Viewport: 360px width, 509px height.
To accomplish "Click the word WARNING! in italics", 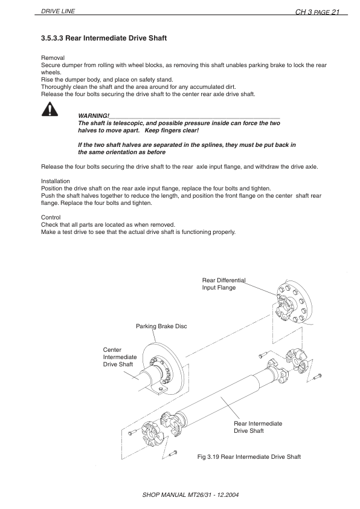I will click(94, 115).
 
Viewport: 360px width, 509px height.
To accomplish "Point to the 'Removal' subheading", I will click(51, 57).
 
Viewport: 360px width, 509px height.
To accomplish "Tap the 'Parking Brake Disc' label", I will click(161, 326).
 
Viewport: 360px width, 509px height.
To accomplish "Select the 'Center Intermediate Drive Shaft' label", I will click(120, 357).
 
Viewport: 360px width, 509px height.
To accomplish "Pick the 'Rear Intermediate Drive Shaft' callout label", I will click(257, 427).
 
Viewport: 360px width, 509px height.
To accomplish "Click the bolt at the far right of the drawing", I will click(318, 375).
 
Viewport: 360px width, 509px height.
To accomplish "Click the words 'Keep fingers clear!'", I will click(172, 131).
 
